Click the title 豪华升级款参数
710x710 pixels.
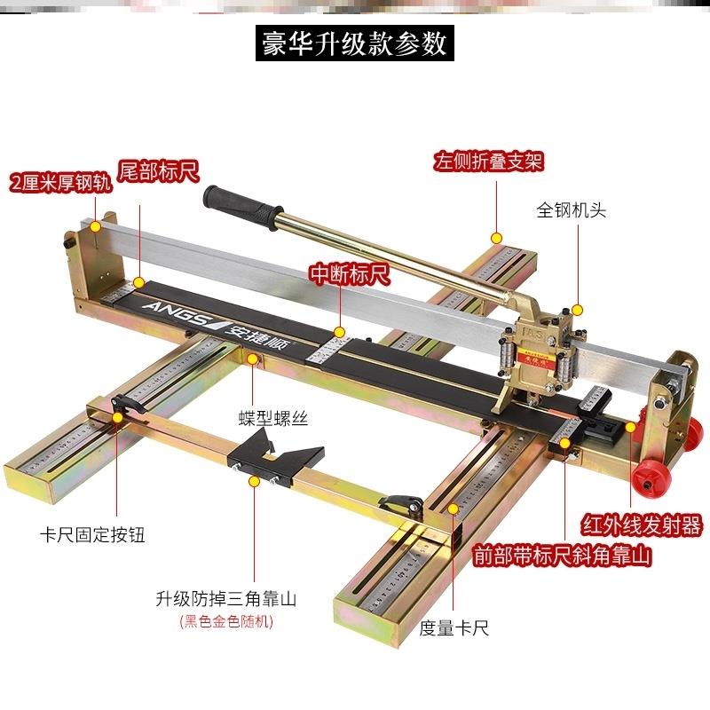coord(355,42)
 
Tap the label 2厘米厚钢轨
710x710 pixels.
coord(58,185)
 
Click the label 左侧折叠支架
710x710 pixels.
coord(488,162)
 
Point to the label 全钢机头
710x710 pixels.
coord(571,210)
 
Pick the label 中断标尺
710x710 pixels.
coord(349,274)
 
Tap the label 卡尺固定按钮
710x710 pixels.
coord(92,535)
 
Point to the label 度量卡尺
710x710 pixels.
coord(454,629)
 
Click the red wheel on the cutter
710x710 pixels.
coord(651,479)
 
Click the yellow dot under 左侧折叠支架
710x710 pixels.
coord(498,238)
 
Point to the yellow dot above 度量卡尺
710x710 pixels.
coord(454,508)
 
